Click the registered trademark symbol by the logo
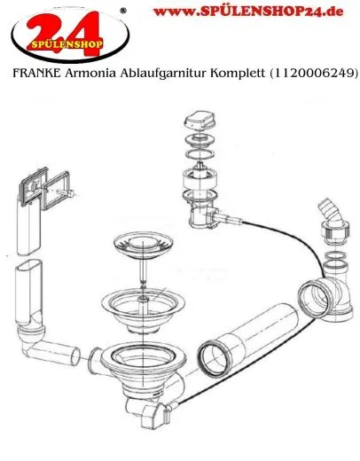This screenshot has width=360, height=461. pos(121,10)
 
